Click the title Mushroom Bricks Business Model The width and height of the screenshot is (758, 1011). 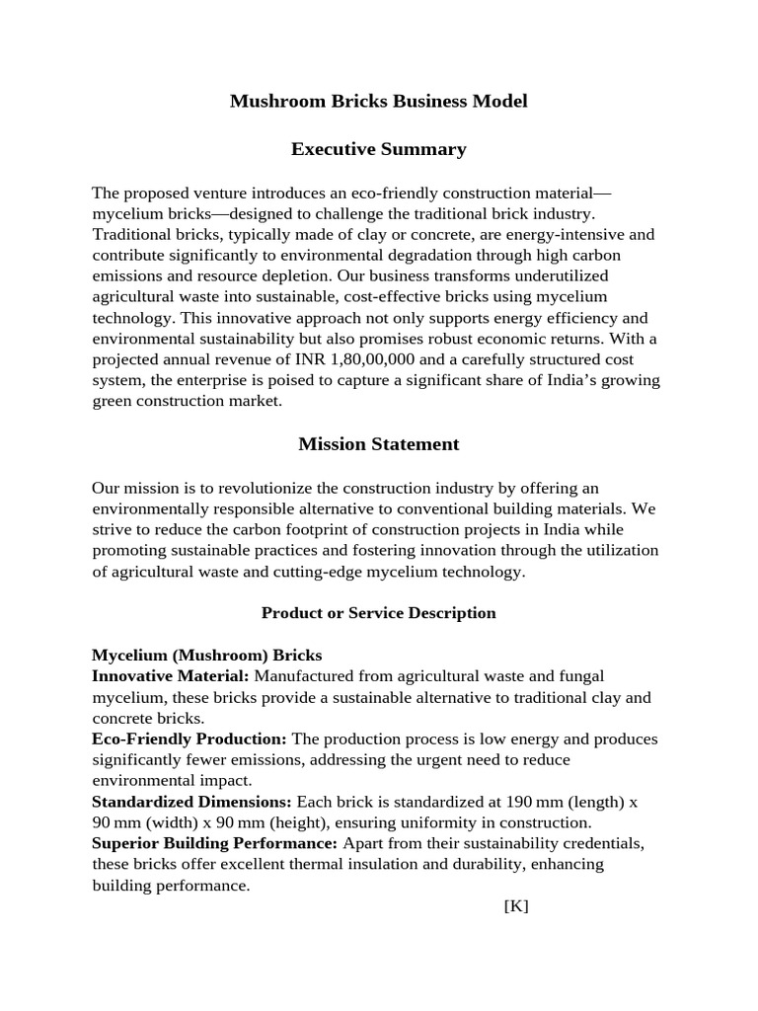[x=379, y=102]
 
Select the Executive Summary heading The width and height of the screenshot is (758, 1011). [x=379, y=150]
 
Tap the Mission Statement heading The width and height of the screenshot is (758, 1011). [x=379, y=444]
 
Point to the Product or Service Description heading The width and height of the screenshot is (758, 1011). [x=379, y=613]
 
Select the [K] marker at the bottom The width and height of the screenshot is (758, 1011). [x=515, y=906]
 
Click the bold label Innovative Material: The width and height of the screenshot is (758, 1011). [x=171, y=676]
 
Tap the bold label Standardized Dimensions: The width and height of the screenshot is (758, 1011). [x=191, y=802]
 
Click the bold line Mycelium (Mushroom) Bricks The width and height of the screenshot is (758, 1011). [x=206, y=656]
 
